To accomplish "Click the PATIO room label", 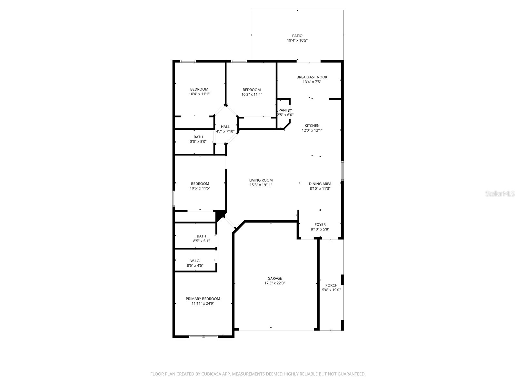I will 297,36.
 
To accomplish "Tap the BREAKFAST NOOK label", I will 312,77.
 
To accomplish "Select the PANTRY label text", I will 285,110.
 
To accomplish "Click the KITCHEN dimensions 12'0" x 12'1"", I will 312,131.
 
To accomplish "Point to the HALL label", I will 225,127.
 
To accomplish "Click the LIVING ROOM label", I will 261,180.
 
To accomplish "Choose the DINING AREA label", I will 320,184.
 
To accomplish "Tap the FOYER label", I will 320,224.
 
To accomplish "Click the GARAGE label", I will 274,278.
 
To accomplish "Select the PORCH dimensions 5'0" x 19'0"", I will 331,290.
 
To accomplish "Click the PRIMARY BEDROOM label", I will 203,299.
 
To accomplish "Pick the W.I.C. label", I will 195,261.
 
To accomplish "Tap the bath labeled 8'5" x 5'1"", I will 201,238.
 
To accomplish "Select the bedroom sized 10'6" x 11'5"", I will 200,186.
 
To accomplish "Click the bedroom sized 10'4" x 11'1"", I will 199,92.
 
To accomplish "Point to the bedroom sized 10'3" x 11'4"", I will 252,92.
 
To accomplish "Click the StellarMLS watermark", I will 500,194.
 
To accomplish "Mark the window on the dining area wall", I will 342,171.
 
